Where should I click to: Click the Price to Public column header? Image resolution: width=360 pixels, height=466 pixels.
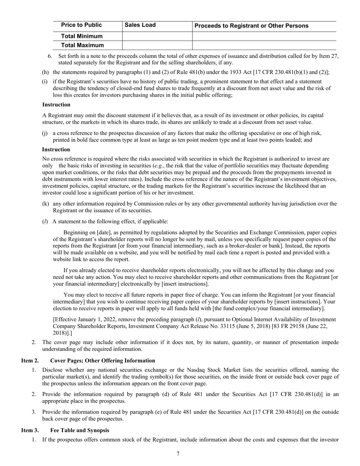coord(81,25)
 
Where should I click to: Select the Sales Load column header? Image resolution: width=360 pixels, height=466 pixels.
coord(140,25)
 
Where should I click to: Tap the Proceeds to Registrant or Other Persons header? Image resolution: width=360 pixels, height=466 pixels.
coord(251,26)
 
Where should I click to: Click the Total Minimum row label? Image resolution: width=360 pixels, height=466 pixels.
coord(82,36)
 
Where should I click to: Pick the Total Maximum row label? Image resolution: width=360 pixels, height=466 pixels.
coord(82,45)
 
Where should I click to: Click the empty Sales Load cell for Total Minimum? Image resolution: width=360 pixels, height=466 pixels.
coord(157,36)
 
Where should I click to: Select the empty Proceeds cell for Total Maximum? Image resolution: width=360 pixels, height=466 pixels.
coord(264,45)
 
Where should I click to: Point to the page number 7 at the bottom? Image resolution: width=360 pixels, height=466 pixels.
coord(178,454)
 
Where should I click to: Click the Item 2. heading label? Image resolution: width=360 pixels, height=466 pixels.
coord(30,361)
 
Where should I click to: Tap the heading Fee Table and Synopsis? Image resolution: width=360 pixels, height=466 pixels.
coord(80,430)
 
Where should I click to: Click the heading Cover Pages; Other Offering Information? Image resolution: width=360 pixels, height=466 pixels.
coord(102,361)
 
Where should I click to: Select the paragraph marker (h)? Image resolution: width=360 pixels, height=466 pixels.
coord(45,72)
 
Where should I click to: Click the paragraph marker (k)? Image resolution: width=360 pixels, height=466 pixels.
coord(45,204)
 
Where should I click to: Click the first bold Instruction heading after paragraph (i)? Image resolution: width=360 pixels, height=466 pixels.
coord(56,105)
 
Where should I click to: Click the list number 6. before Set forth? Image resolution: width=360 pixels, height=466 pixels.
coord(50,56)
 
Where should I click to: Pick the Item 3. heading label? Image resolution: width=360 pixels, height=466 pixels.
coord(30,430)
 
